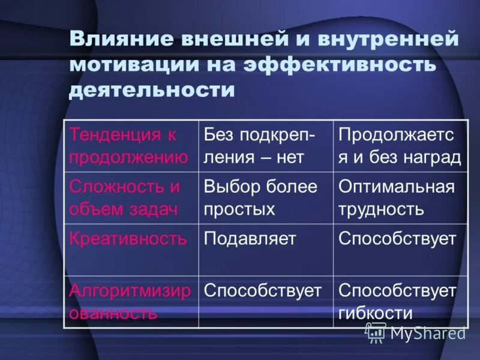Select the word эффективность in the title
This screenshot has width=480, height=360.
pos(340,64)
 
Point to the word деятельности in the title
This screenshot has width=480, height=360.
pos(151,91)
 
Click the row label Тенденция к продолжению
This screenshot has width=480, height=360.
pos(130,146)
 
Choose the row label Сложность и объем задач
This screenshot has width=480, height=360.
pos(125,197)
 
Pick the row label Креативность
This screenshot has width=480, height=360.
pos(128,238)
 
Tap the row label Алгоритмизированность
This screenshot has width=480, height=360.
pos(130,301)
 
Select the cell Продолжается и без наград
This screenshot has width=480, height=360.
pos(400,146)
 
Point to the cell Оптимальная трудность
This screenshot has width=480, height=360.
pos(397,197)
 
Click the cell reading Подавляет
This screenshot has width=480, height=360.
pos(250,238)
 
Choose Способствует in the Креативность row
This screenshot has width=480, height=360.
pos(397,238)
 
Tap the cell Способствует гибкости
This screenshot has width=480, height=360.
pos(397,301)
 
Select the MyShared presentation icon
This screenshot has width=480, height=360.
pos(376,332)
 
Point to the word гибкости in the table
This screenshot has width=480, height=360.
pos(376,313)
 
